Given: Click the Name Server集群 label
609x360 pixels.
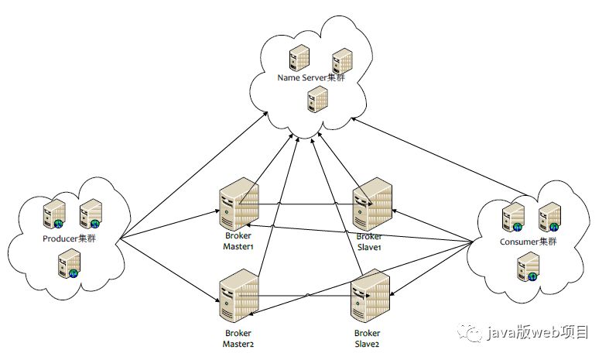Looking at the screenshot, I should coord(311,78).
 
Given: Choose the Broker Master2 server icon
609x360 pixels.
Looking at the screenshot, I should coord(238,295).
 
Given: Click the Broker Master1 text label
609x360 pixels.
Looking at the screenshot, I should coord(238,241).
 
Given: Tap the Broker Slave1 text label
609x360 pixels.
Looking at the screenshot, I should coord(369,241).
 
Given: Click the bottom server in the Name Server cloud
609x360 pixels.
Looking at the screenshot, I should coord(316,98).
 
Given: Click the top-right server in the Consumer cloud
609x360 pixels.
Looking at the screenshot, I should coord(549,216).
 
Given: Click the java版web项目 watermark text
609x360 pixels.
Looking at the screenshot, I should coord(539,333).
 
